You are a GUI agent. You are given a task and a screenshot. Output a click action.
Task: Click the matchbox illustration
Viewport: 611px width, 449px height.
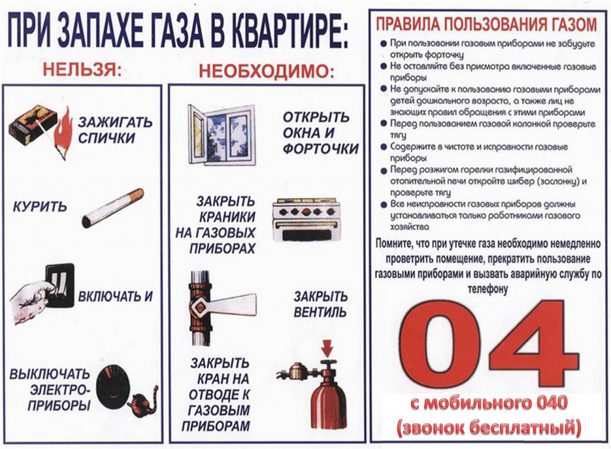[32, 125]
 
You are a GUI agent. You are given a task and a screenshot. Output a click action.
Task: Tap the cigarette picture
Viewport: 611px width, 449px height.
[113, 208]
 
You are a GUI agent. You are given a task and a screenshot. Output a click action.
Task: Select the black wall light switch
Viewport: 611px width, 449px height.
[60, 285]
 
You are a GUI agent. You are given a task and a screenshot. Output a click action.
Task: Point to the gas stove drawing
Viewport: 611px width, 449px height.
[306, 220]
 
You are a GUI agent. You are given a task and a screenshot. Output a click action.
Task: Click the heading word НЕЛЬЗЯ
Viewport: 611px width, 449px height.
[82, 70]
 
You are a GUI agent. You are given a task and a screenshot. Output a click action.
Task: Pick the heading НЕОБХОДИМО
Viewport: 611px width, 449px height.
[266, 71]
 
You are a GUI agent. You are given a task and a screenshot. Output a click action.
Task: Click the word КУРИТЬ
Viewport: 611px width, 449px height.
[40, 208]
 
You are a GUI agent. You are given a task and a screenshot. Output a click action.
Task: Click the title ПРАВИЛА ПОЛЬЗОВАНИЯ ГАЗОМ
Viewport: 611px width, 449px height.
[486, 24]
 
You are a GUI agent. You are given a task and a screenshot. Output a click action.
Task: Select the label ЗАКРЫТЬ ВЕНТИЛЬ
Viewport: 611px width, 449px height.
[320, 304]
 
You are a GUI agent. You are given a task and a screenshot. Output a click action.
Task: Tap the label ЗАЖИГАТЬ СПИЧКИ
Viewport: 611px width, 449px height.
[115, 130]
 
